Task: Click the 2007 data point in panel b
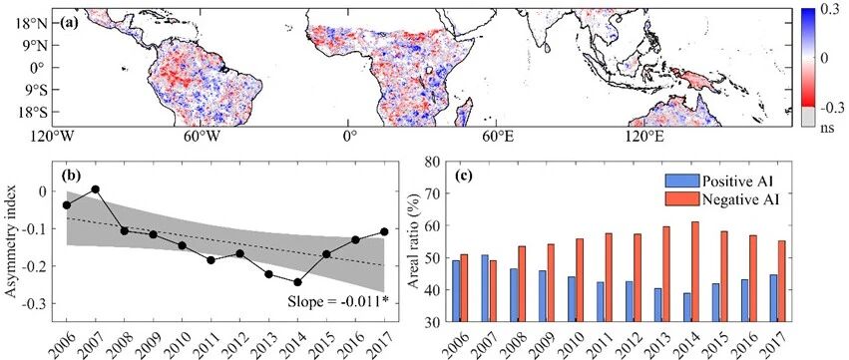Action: click(96, 188)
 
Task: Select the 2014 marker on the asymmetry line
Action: click(297, 282)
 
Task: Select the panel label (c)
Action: click(464, 174)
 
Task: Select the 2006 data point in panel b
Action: click(67, 204)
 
